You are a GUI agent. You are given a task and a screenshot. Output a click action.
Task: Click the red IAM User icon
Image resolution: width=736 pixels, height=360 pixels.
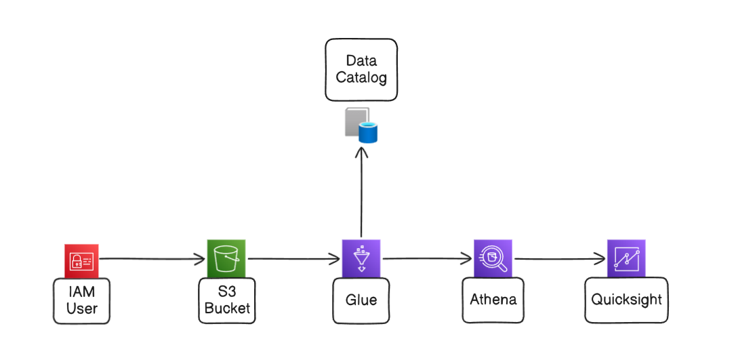(x=81, y=261)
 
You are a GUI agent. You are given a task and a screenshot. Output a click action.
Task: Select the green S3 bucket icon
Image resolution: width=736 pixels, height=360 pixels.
(x=226, y=258)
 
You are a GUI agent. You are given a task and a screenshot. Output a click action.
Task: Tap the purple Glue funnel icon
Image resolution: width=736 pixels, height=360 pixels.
(x=361, y=258)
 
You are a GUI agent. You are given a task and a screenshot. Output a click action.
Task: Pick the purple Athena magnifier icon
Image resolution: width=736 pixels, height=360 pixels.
(x=493, y=258)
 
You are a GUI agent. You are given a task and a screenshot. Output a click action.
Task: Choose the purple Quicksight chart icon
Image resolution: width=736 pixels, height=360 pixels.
(x=626, y=258)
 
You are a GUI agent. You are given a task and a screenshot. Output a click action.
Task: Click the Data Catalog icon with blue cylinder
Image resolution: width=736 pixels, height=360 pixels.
(x=361, y=125)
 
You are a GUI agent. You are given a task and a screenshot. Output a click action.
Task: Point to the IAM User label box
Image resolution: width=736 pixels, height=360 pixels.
(x=81, y=300)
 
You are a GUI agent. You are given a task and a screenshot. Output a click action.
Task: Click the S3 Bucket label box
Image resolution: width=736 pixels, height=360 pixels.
(x=227, y=300)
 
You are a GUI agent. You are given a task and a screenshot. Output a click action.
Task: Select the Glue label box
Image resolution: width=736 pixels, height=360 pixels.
(x=361, y=300)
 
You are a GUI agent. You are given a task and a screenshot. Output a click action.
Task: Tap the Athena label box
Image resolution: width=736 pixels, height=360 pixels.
(x=493, y=300)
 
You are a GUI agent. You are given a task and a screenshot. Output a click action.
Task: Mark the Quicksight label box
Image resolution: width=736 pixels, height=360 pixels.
(x=626, y=300)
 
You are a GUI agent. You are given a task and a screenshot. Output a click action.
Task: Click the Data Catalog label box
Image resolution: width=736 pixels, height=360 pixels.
(x=361, y=70)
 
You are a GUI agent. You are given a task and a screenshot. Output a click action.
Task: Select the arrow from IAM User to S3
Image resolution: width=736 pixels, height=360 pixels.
(x=152, y=258)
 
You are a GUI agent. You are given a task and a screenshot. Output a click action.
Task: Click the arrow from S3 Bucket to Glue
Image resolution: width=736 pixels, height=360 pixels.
(x=293, y=258)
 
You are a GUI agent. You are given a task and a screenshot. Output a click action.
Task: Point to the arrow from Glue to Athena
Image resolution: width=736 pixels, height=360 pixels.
(x=427, y=258)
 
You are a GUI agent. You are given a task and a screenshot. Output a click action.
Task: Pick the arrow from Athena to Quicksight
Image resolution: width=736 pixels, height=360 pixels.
(x=560, y=258)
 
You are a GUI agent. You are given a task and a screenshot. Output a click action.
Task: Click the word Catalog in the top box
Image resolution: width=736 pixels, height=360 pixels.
(x=361, y=78)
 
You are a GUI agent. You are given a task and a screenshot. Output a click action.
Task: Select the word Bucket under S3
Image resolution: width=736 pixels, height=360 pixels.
(x=227, y=308)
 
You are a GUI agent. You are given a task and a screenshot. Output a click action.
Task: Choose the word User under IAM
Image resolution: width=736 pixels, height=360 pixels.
(x=81, y=308)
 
